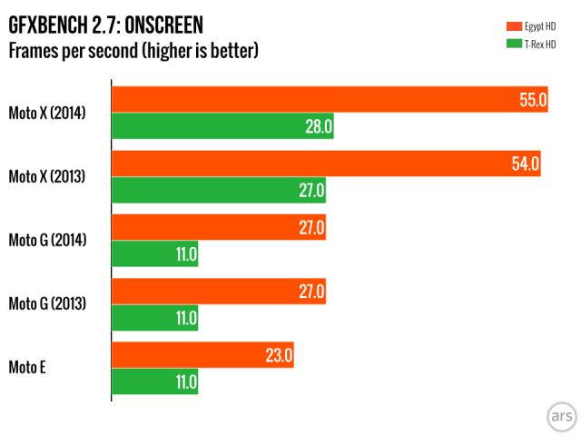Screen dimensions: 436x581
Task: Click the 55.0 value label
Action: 533,100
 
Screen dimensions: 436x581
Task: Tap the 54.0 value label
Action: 527,164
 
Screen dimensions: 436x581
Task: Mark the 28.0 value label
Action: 319,126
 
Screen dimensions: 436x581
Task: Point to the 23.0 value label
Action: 279,356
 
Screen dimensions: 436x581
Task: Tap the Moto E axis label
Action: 28,368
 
